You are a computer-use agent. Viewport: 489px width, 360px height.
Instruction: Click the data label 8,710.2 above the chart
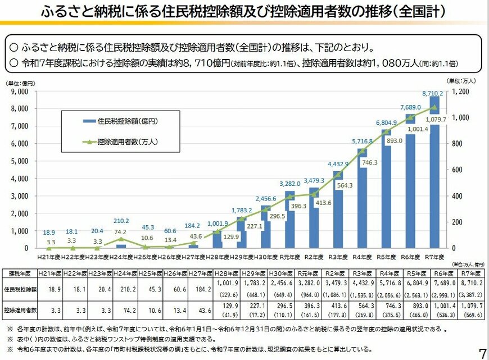[433, 93]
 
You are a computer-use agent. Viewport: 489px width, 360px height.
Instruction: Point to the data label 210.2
[121, 221]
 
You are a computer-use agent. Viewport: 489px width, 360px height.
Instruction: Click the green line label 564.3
[345, 185]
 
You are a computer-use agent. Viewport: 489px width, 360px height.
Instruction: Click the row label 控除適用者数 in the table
[21, 309]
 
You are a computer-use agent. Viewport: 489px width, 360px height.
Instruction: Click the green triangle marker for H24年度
[121, 239]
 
